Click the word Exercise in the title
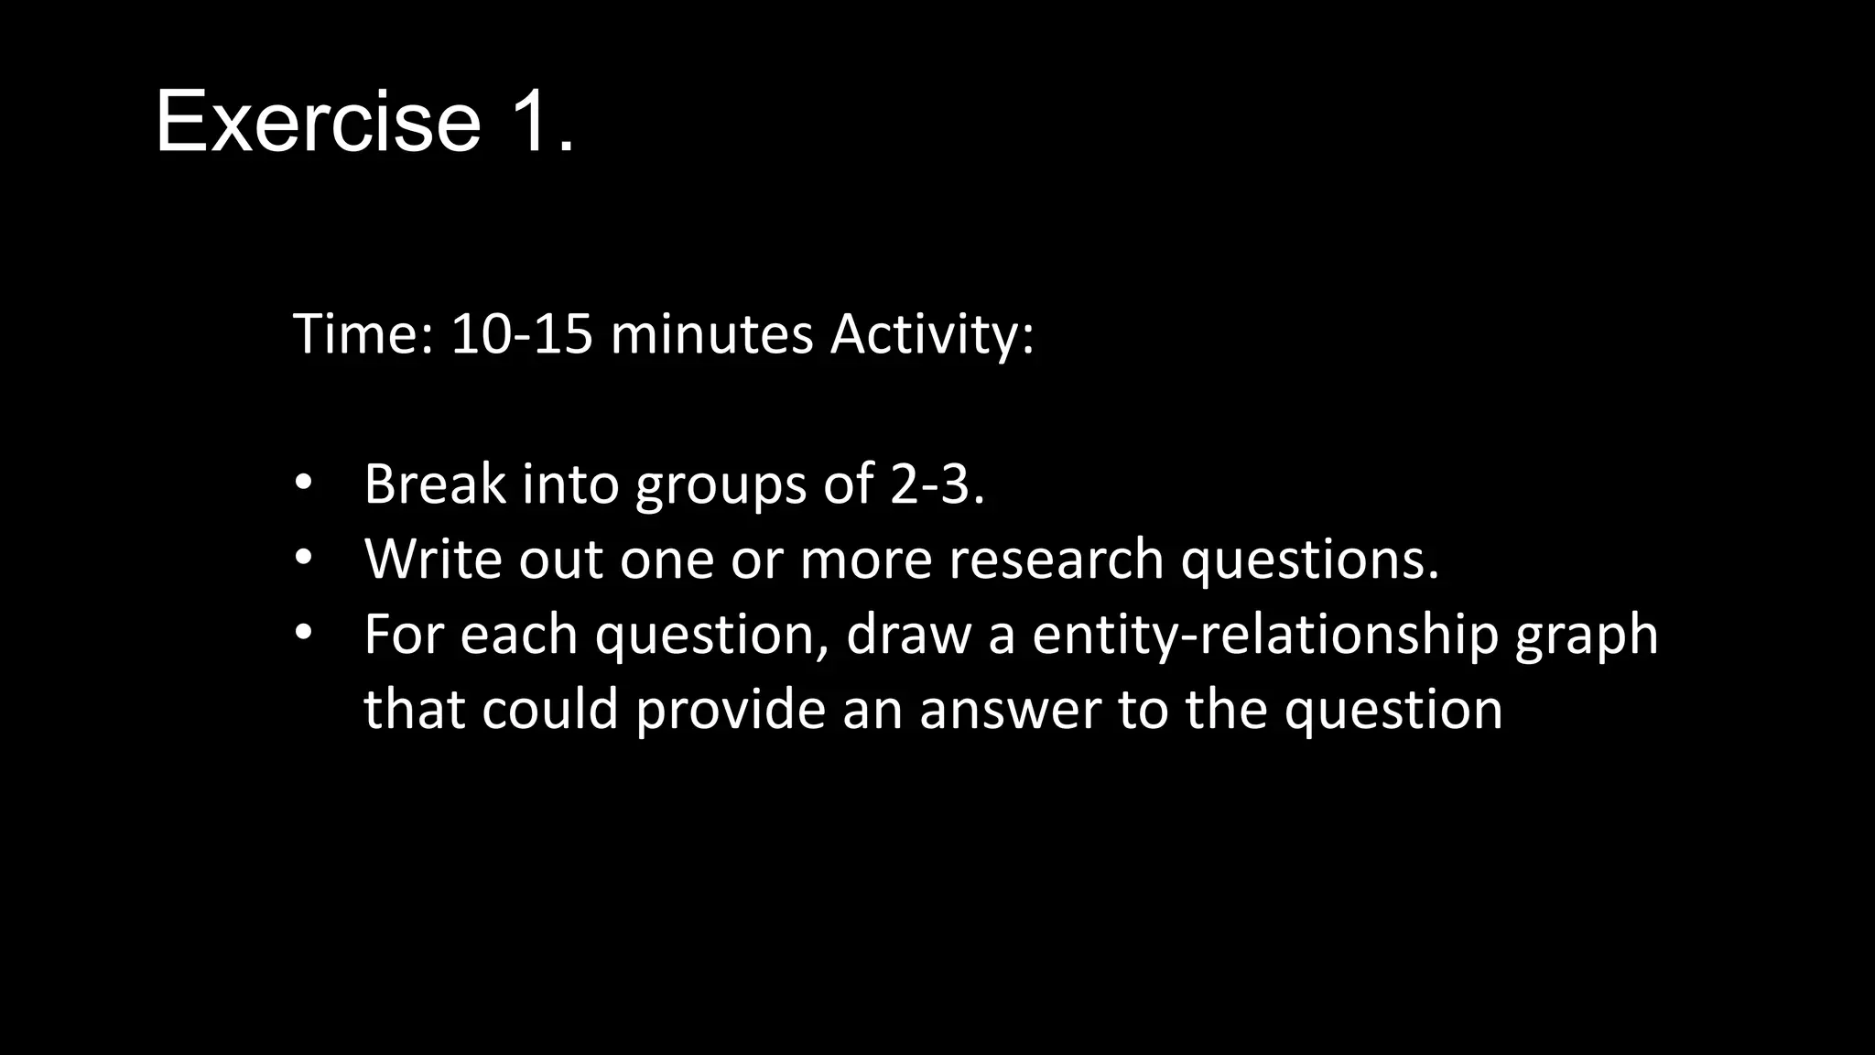point(318,121)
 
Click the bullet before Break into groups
point(304,483)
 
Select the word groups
point(721,485)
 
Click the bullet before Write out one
point(304,558)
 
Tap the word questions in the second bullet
point(1309,560)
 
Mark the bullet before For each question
point(304,633)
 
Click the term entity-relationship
point(1264,635)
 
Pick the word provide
point(731,710)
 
